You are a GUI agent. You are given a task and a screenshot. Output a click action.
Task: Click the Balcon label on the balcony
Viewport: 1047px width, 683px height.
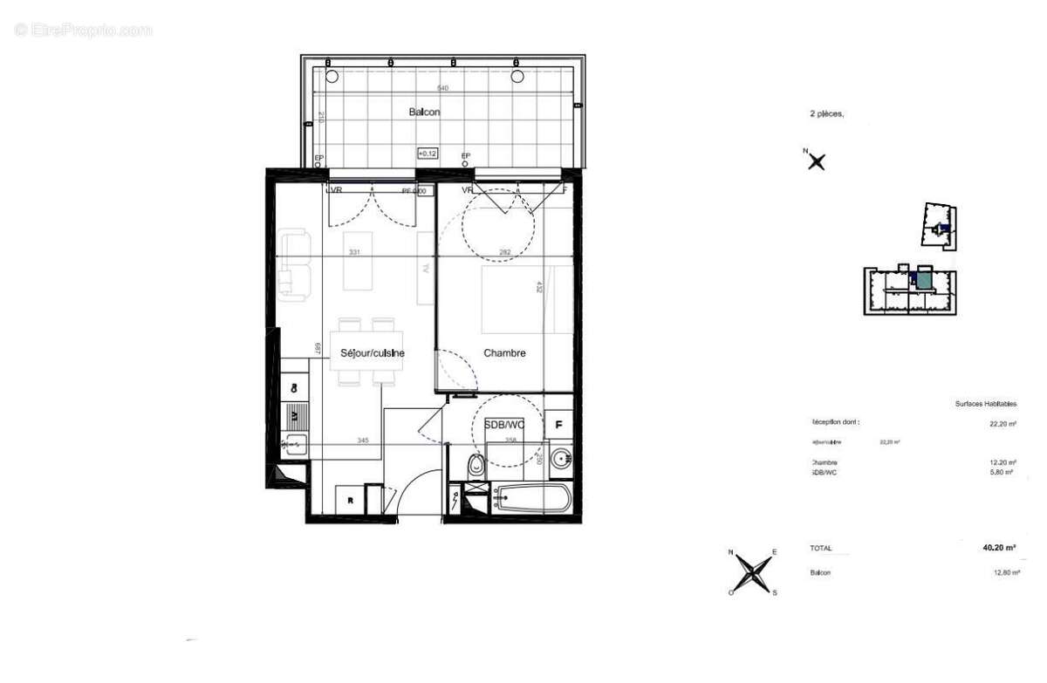(x=424, y=113)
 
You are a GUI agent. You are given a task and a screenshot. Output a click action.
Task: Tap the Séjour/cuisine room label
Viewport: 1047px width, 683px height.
(x=371, y=353)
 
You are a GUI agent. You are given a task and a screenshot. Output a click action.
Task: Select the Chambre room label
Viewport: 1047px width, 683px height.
(x=504, y=353)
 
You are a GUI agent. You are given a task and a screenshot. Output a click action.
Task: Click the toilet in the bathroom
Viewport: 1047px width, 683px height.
(x=476, y=467)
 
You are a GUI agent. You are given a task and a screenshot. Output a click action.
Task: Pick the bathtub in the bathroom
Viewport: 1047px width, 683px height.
(x=531, y=501)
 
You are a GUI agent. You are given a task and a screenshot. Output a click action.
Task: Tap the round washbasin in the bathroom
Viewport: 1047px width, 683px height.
(x=562, y=456)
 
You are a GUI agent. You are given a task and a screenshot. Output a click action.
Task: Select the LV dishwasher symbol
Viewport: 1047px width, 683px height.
(x=294, y=415)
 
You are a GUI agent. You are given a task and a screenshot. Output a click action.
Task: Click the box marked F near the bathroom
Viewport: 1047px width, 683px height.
(x=558, y=426)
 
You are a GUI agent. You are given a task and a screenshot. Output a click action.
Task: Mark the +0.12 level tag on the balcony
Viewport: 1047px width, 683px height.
(x=427, y=154)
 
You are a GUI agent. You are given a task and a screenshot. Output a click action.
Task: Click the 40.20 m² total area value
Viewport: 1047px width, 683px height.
(x=999, y=549)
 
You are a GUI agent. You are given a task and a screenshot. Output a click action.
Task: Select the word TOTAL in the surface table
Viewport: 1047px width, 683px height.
(x=821, y=549)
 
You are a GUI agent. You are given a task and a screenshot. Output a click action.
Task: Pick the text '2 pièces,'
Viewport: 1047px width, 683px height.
(x=827, y=113)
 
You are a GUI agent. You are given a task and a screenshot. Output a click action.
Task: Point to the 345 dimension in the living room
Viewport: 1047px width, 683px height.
(x=363, y=441)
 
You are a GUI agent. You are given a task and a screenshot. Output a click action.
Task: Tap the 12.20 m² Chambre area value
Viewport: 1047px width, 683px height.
(x=1000, y=462)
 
